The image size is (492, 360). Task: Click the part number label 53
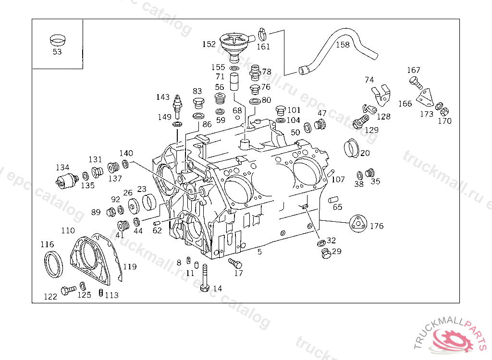[57, 52]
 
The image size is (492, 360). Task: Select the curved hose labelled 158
[338, 48]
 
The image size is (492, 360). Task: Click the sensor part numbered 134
[67, 180]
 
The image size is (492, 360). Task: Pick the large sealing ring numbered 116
[53, 264]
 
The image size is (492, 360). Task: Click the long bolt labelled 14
[205, 278]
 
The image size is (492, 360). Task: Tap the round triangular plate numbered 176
[358, 224]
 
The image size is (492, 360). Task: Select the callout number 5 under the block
[259, 252]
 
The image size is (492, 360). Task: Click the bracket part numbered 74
[381, 95]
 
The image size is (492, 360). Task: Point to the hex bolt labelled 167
[416, 83]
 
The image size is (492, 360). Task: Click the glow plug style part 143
[178, 107]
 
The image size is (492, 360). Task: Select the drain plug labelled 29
[326, 253]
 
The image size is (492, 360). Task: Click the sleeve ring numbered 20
[351, 148]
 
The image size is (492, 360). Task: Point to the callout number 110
[68, 230]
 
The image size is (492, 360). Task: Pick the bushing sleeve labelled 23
[149, 202]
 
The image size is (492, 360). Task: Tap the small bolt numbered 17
[235, 263]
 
